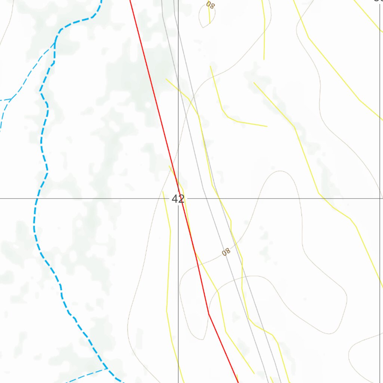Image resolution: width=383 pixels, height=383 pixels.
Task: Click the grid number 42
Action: click(178, 199)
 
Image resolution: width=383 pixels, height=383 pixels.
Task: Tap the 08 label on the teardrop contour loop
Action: click(211, 5)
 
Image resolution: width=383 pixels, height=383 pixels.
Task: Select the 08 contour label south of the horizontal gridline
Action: click(226, 252)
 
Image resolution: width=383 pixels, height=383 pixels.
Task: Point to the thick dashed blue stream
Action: click(41, 142)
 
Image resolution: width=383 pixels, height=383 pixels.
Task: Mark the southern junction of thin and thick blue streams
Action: click(107, 369)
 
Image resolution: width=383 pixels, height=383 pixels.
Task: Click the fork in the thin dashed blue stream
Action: click(11, 99)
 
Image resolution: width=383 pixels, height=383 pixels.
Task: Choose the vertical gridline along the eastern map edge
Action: click(380, 112)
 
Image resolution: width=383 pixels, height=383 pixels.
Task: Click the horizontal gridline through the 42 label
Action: click(94, 199)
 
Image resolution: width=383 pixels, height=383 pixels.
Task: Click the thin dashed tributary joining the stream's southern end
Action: click(86, 375)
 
